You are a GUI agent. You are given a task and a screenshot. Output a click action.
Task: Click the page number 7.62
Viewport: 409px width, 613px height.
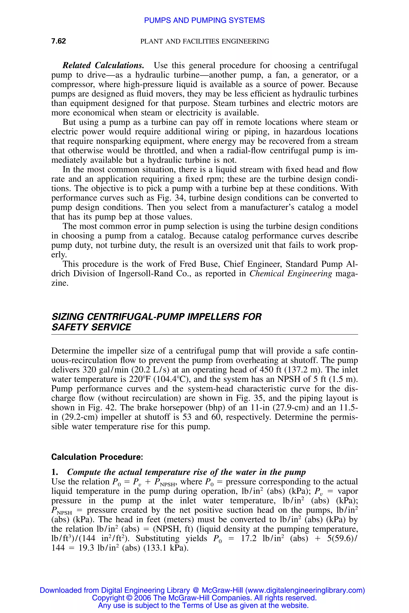click(x=59, y=41)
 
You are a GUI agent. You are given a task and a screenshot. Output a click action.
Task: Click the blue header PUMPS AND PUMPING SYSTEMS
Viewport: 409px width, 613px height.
click(x=204, y=20)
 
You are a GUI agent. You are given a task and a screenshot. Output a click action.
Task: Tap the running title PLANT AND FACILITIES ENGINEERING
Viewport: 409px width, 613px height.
click(x=204, y=41)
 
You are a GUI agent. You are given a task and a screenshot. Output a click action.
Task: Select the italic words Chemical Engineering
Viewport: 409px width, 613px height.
click(x=291, y=273)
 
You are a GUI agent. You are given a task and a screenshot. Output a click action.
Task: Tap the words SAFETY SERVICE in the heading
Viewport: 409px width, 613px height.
click(x=91, y=327)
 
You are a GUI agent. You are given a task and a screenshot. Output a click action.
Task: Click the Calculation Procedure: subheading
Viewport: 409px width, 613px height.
click(x=97, y=457)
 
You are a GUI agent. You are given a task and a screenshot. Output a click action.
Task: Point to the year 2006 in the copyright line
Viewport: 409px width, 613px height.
click(x=143, y=598)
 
